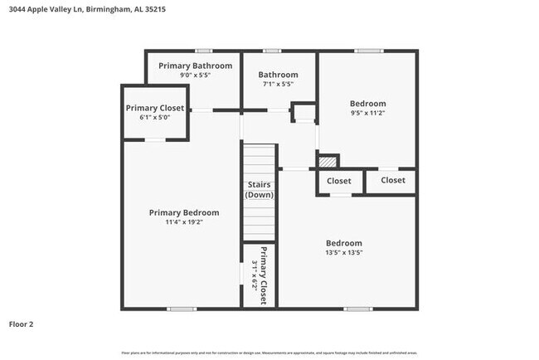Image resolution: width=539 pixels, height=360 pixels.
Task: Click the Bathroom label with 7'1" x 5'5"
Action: coord(278,75)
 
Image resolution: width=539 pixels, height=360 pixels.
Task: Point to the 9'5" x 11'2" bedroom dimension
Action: coord(368,113)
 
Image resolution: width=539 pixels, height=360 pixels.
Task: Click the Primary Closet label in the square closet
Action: coord(154,108)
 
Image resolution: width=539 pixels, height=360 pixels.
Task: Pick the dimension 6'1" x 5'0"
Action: coord(154,118)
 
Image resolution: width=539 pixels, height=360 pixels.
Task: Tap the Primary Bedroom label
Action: coord(184,212)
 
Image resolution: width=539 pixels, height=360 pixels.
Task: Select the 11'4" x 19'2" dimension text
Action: coord(184,222)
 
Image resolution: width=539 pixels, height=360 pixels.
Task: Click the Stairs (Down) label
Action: coord(260,189)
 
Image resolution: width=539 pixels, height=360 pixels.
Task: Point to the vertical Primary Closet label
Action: coord(265,275)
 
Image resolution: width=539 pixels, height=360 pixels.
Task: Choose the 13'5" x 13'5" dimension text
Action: coord(343,253)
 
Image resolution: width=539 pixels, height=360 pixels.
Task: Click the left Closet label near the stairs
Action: coord(339,181)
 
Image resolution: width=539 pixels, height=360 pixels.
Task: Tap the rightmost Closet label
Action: coord(392,180)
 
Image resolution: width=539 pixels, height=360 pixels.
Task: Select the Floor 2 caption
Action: coord(22,324)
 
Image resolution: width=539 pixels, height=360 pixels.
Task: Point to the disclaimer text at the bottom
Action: coord(269,353)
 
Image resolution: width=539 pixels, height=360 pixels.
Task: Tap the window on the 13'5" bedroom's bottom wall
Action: coord(357,309)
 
